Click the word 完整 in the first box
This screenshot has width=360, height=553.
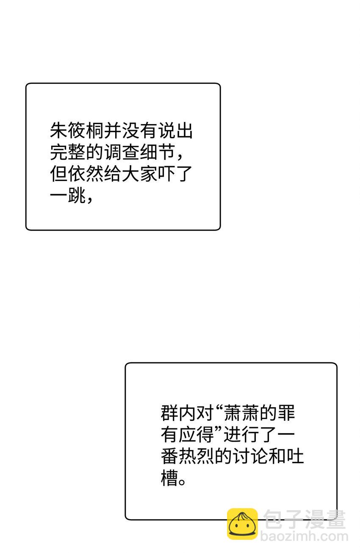click(68, 152)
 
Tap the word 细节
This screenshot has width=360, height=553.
click(157, 152)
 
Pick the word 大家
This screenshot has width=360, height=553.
click(139, 173)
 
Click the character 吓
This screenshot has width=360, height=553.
click(166, 173)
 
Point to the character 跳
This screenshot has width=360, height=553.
click(77, 195)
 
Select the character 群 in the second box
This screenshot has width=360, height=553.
click(169, 413)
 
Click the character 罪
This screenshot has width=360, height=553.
click(286, 413)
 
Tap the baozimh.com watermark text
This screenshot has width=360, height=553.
click(304, 536)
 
